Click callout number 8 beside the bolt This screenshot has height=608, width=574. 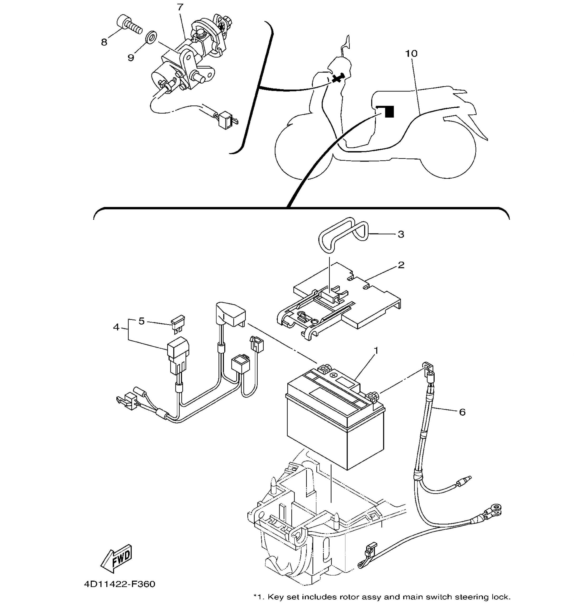click(x=104, y=42)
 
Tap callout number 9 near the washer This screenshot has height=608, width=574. click(x=131, y=57)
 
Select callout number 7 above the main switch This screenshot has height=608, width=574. click(x=180, y=7)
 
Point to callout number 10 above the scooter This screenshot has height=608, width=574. click(x=411, y=53)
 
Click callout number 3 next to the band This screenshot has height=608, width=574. click(x=401, y=234)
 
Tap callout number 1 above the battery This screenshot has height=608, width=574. click(x=376, y=350)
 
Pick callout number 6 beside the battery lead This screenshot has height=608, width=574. click(x=462, y=412)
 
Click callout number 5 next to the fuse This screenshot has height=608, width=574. click(x=141, y=321)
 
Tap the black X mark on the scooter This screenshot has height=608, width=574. click(x=337, y=78)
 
